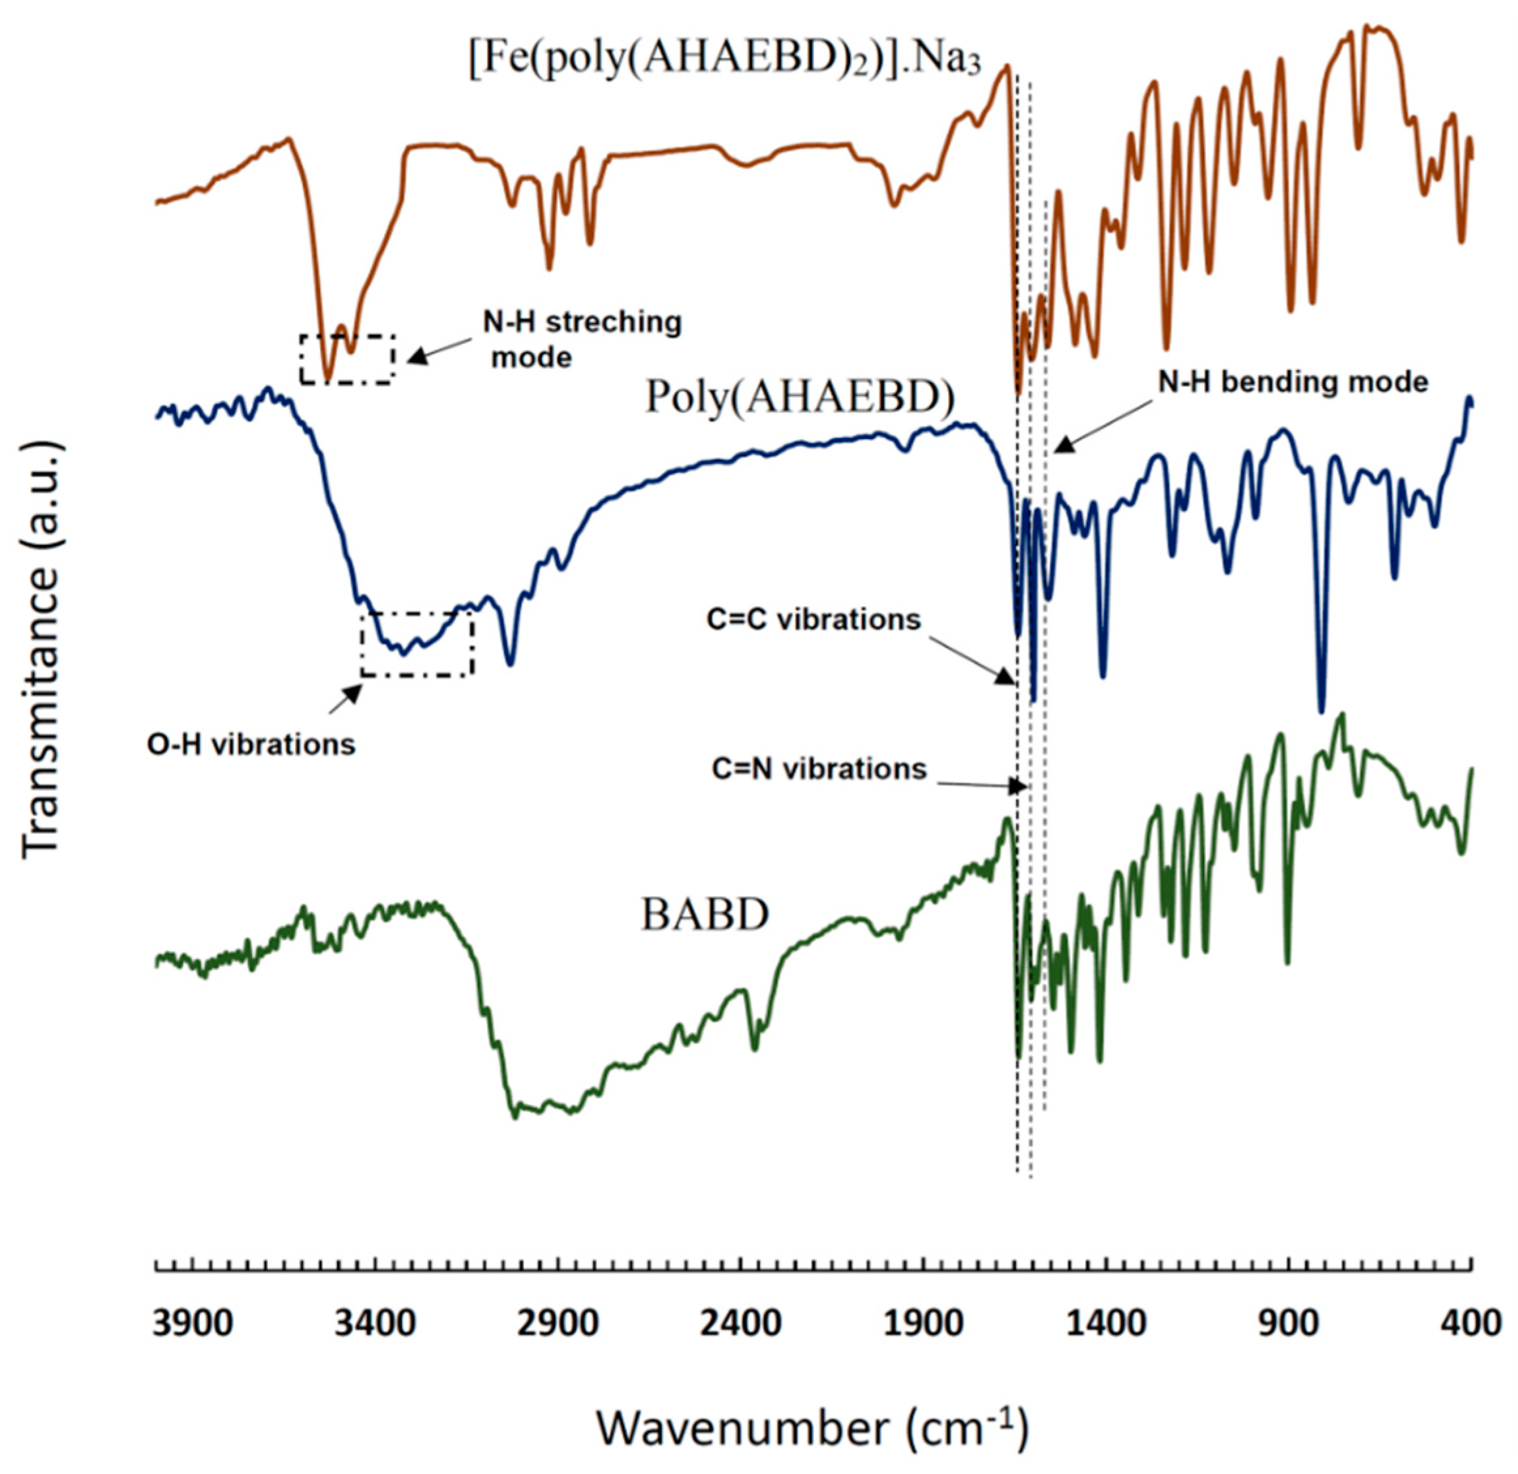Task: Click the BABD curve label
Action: [x=704, y=914]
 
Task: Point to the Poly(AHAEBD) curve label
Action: [x=799, y=398]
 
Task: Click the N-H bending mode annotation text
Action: [x=1293, y=382]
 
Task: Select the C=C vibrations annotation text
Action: [x=814, y=620]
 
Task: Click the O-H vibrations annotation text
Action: [x=251, y=744]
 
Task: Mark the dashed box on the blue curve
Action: [x=417, y=644]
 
